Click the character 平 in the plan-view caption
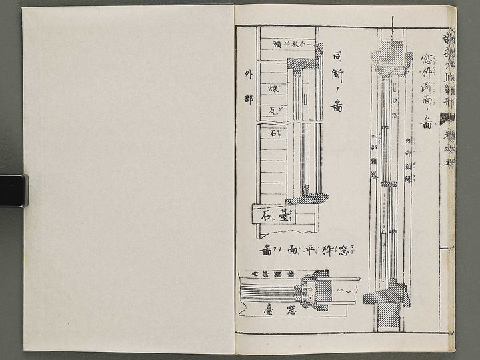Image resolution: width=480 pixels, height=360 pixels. (x=307, y=251)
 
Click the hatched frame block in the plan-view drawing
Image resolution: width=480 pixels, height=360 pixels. (x=316, y=289)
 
